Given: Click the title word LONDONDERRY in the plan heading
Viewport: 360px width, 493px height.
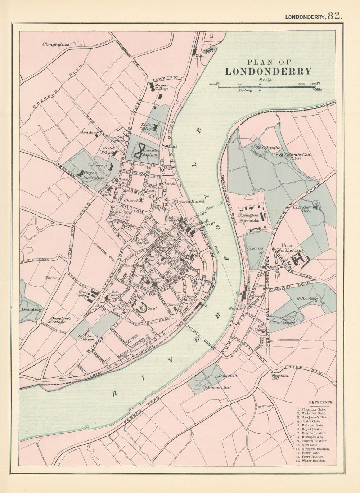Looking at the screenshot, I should [268, 71].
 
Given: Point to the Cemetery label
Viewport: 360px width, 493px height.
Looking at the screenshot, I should [32, 309].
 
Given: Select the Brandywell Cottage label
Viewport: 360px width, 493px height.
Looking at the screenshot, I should [58, 320].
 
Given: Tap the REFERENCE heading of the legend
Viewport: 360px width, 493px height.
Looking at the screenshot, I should [321, 402].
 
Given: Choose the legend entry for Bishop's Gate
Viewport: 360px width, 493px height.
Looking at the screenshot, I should [312, 437].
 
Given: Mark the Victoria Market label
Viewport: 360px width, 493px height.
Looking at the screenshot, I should [187, 202].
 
